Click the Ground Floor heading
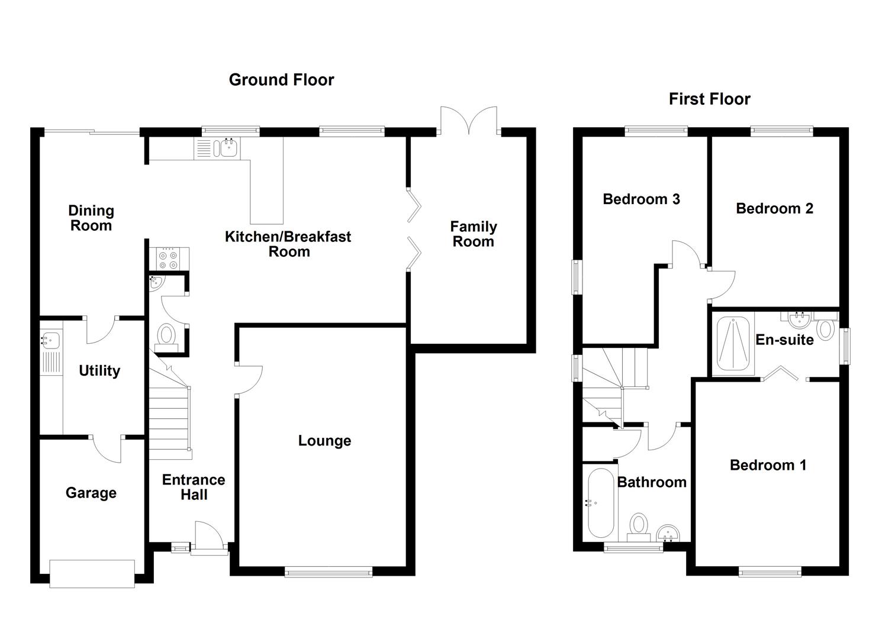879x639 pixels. pyautogui.click(x=281, y=80)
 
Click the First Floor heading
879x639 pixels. pyautogui.click(x=709, y=99)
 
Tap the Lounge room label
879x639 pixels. pyautogui.click(x=324, y=441)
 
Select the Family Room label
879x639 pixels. pyautogui.click(x=473, y=234)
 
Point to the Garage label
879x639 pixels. pyautogui.click(x=91, y=493)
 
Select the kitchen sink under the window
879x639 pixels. pyautogui.click(x=226, y=148)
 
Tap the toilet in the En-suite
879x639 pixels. pyautogui.click(x=826, y=327)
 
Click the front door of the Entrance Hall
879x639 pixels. pyautogui.click(x=208, y=537)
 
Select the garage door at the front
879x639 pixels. pyautogui.click(x=92, y=573)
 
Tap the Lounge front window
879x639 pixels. pyautogui.click(x=329, y=571)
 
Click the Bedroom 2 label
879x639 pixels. pyautogui.click(x=774, y=208)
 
